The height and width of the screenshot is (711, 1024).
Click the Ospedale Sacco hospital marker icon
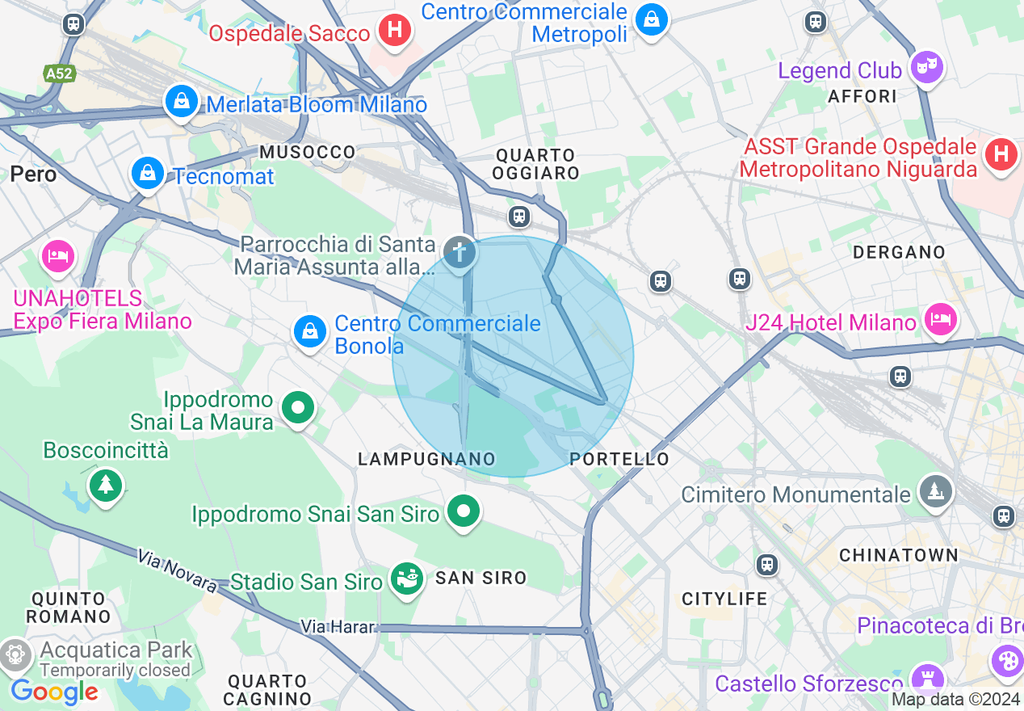click(x=395, y=31)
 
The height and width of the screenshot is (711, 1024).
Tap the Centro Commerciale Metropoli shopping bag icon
click(x=651, y=19)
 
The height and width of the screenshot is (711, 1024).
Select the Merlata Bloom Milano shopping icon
click(x=182, y=102)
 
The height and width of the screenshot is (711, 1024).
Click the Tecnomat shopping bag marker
click(x=148, y=173)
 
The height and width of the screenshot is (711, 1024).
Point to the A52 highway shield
click(x=59, y=74)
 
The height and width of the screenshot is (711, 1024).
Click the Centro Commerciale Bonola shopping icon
click(x=309, y=331)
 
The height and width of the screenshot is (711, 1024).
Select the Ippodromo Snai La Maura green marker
click(x=298, y=408)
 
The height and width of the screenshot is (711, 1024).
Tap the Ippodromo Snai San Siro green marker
click(x=464, y=511)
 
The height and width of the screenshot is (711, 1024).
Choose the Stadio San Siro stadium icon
click(x=407, y=578)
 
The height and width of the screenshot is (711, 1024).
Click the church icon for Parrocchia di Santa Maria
click(x=460, y=252)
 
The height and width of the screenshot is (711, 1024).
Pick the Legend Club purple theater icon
click(x=927, y=67)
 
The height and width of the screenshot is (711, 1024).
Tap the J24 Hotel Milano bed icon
click(x=940, y=319)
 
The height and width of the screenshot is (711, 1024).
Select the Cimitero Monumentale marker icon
click(x=935, y=490)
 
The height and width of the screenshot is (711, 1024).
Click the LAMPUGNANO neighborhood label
click(x=426, y=460)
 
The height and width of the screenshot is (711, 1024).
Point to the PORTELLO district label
click(x=619, y=460)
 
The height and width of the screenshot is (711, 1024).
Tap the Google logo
click(x=54, y=692)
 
